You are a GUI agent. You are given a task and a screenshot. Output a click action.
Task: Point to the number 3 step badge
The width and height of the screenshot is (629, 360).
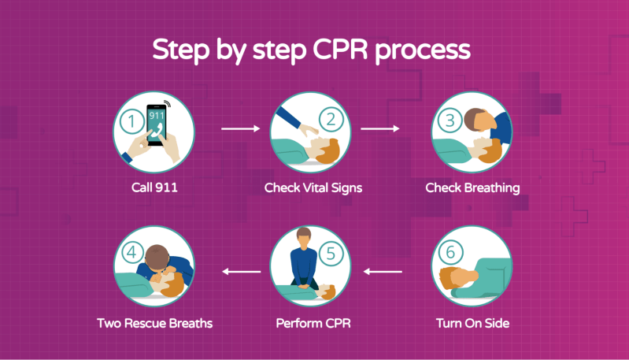[x=450, y=121]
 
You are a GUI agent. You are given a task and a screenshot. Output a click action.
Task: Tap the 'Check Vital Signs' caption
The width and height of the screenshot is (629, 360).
[x=313, y=187]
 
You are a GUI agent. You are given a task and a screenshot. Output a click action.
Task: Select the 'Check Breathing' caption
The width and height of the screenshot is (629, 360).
[x=472, y=187]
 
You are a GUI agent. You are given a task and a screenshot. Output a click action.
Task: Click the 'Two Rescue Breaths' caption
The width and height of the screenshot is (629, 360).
[x=155, y=323]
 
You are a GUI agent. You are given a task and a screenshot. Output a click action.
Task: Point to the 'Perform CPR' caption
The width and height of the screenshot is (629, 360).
[x=313, y=323]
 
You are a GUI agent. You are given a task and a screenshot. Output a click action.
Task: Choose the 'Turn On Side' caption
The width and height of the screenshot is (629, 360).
[x=472, y=323]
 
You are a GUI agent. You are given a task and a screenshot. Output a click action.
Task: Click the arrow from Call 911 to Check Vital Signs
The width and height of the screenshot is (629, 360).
[x=241, y=128]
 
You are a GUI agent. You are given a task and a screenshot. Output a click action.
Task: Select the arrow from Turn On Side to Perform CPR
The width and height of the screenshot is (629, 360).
[x=383, y=272]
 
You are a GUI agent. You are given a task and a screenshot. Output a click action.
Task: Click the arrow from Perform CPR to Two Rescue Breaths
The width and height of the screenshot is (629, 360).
[x=241, y=272]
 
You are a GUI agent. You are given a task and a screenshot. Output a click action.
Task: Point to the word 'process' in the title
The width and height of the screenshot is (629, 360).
[x=425, y=50]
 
